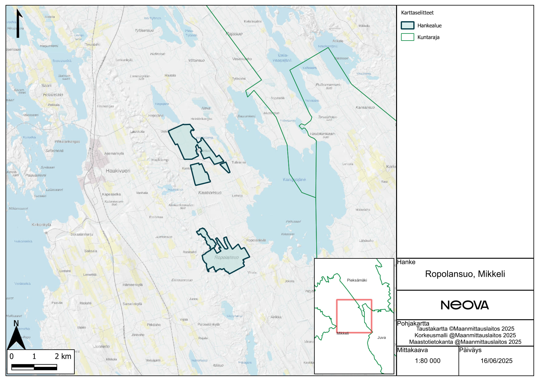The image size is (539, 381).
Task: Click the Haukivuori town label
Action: [118, 171]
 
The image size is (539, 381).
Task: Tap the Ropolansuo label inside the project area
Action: [226, 257]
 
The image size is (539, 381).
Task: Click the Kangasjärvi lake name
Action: [294, 179]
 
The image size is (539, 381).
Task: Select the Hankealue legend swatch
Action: [407, 26]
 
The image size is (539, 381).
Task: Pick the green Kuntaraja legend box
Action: [407, 37]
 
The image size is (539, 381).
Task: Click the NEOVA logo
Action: [465, 305]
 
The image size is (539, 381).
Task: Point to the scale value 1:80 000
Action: [427, 361]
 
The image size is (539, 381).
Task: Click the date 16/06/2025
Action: [496, 361]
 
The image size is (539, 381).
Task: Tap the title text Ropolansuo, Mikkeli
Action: [465, 274]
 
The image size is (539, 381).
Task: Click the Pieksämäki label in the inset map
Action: [357, 280]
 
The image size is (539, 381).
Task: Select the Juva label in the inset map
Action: [381, 337]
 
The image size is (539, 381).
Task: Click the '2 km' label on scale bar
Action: [63, 356]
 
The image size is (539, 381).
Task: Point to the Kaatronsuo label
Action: [210, 193]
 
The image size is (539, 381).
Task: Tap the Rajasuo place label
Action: [234, 34]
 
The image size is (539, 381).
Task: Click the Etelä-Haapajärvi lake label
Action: [282, 58]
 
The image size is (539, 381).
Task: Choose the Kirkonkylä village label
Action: [41, 225]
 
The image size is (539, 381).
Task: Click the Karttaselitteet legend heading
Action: [417, 13]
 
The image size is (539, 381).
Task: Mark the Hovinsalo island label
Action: [53, 95]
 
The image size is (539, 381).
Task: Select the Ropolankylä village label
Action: [256, 240]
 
